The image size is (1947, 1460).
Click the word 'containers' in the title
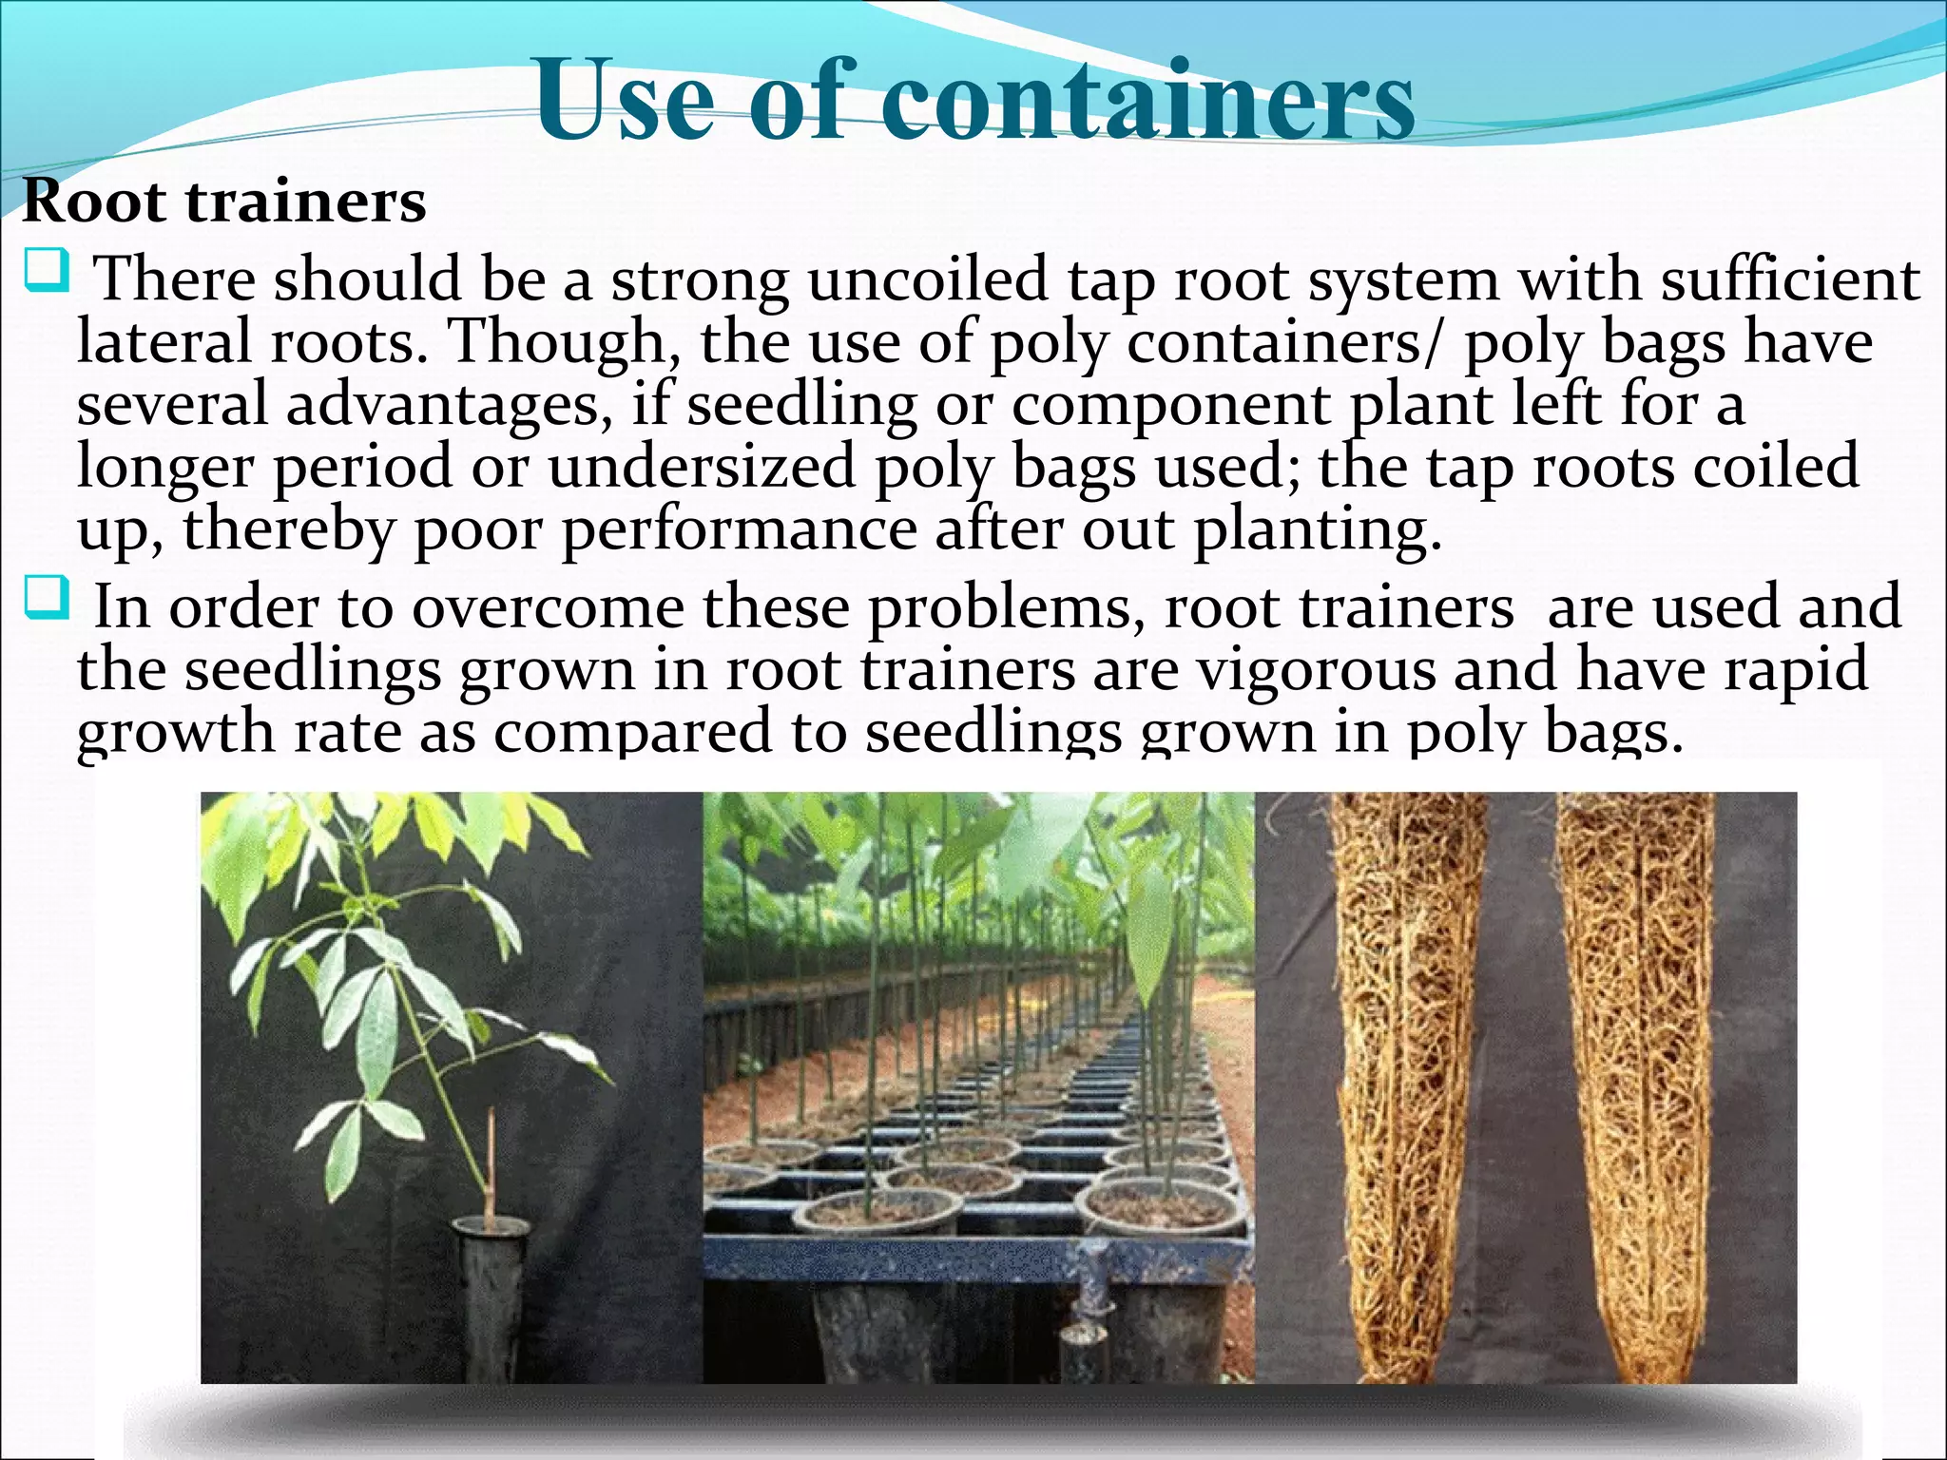(1147, 101)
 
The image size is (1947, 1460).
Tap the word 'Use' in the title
(624, 101)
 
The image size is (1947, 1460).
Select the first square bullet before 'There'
(47, 271)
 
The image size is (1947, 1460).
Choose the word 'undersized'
(702, 467)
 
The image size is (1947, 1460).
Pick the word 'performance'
(739, 529)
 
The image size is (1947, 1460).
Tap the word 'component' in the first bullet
(1170, 405)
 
